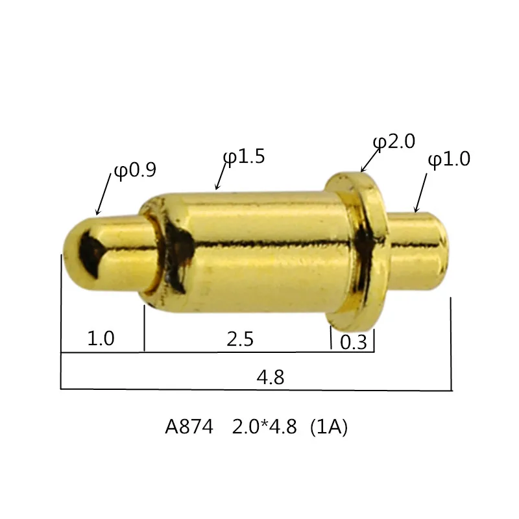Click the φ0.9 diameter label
pos(135,171)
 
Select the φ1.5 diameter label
pos(244,156)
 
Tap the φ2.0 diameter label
pos(394,141)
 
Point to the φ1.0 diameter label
pos(449,159)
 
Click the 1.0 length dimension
pos(101,338)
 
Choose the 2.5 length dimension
pos(240,339)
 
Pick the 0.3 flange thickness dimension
pos(354,343)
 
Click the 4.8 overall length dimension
pos(271,377)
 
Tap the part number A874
pos(189,427)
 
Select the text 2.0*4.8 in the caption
pos(264,427)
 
